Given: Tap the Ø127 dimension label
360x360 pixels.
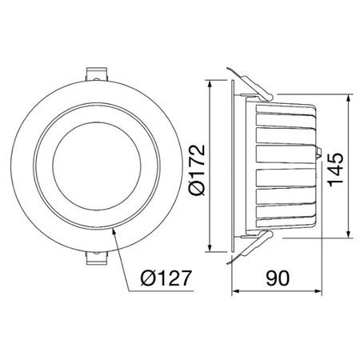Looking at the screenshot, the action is pyautogui.click(x=166, y=278).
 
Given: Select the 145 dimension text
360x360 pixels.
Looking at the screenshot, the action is pyautogui.click(x=335, y=170).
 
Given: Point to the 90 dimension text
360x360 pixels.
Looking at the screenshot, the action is pyautogui.click(x=278, y=278).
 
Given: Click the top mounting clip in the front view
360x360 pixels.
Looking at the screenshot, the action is pyautogui.click(x=97, y=74).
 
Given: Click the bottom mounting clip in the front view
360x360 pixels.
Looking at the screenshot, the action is pyautogui.click(x=97, y=258).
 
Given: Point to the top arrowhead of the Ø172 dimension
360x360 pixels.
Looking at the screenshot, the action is pyautogui.click(x=210, y=83).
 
